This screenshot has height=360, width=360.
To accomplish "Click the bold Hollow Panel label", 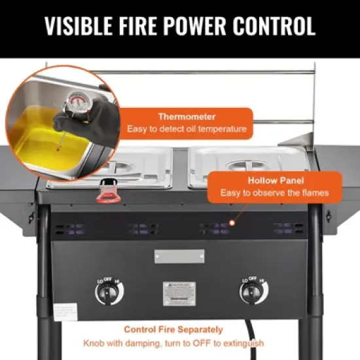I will click(274, 179).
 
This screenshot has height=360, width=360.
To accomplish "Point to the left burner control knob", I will click(107, 292).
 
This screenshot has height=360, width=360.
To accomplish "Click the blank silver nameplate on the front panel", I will click(179, 256).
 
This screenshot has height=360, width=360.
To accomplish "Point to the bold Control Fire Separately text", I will click(173, 329).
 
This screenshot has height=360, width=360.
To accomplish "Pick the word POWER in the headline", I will click(184, 26).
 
